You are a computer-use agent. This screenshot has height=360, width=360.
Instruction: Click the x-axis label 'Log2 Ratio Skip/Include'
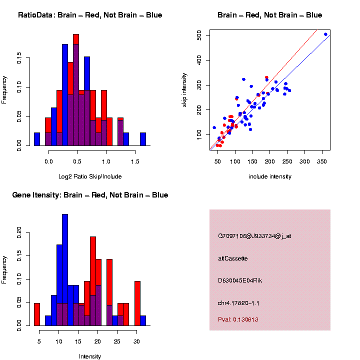pos(90,176)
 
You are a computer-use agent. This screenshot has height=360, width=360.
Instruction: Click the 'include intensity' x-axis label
pos(270,176)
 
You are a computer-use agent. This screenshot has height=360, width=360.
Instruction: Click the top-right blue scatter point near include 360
pos(326,34)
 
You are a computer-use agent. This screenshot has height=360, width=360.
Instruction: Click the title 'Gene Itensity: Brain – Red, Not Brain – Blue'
pos(90,195)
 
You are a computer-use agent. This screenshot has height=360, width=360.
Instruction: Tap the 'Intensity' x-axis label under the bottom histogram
pos(90,356)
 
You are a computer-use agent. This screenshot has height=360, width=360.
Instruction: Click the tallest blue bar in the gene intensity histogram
pos(65,270)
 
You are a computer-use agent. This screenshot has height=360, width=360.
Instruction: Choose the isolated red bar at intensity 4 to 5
pos(36,314)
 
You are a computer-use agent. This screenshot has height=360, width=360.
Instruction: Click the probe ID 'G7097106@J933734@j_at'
pos(254,236)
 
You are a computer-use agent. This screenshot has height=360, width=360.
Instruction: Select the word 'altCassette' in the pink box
pos(233,258)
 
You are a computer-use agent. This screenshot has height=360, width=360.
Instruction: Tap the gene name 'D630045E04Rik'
pos(240,280)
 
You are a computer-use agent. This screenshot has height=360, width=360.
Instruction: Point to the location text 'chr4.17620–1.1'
pos(238,303)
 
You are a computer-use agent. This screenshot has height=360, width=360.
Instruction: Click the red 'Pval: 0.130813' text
pos(238,319)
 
